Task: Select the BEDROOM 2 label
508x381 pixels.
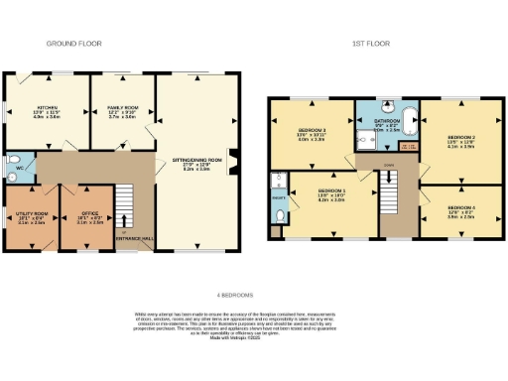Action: [x=461, y=140]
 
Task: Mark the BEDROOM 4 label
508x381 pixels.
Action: [x=461, y=209]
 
